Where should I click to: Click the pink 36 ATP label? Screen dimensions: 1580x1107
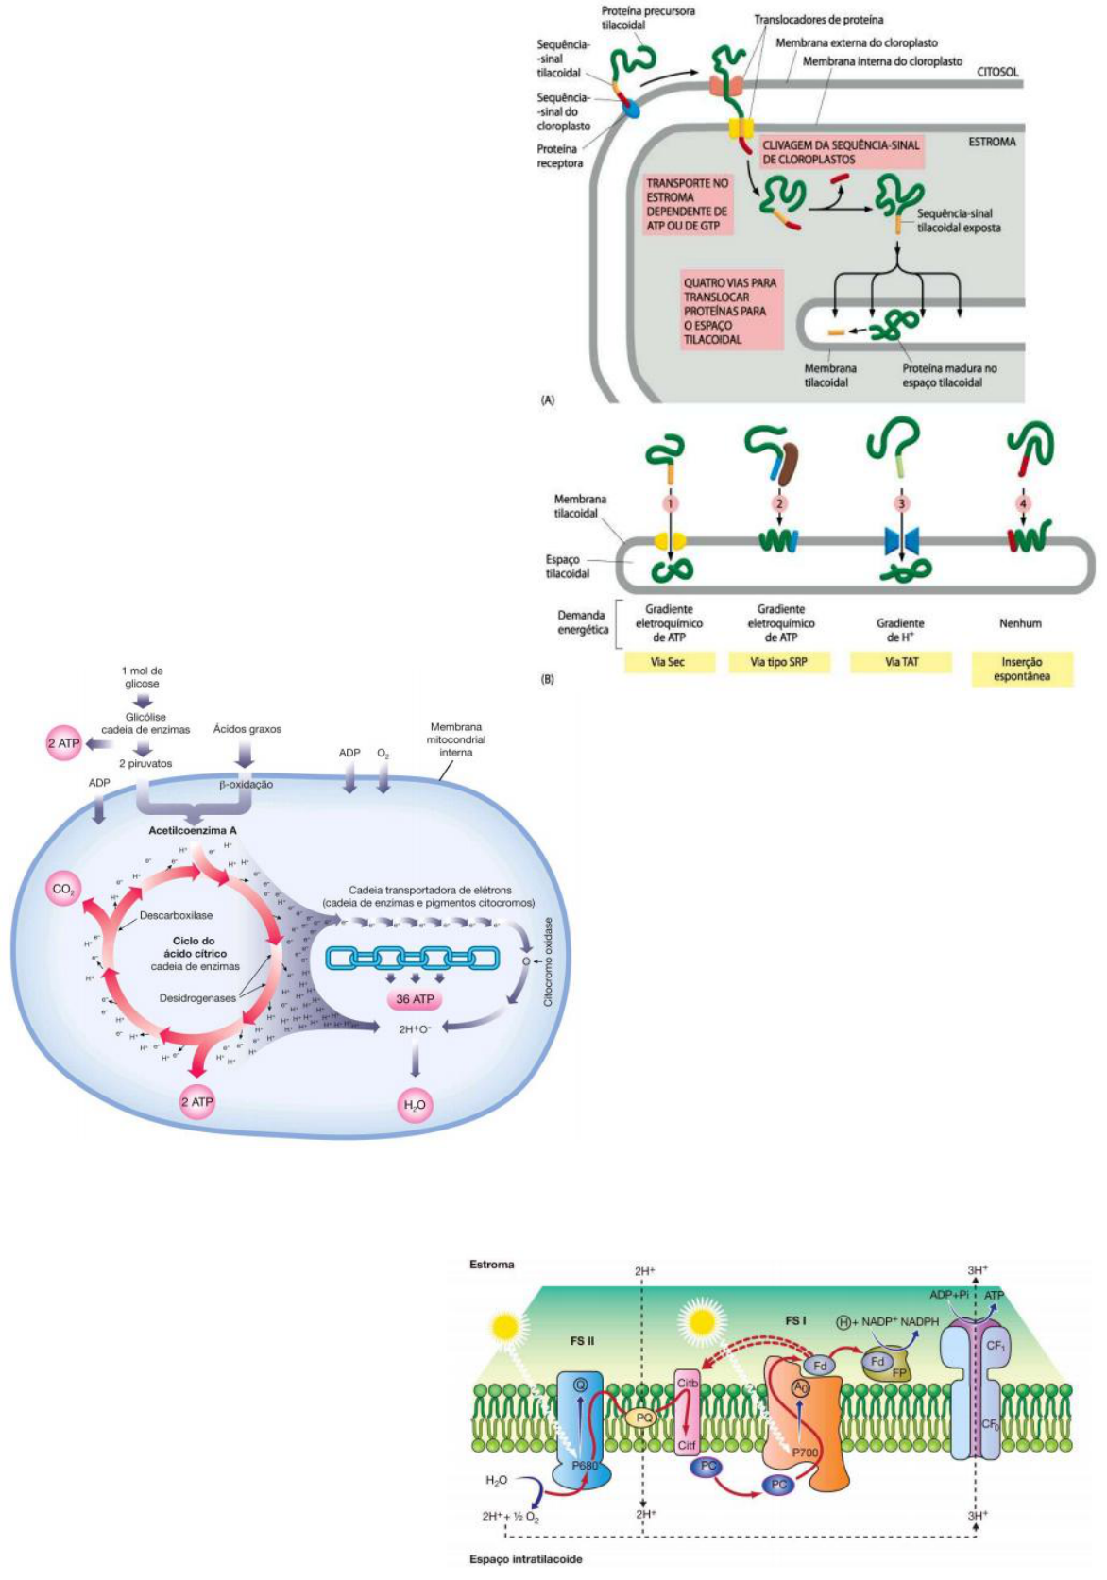415,999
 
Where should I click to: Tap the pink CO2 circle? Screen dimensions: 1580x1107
63,889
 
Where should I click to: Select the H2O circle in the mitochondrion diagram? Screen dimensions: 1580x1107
415,1105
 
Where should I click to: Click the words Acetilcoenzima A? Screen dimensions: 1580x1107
193,830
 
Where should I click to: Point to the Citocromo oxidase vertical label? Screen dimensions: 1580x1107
548,960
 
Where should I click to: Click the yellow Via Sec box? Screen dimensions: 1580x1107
667,662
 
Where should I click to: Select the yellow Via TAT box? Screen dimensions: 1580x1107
901,662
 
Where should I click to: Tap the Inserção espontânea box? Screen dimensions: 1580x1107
1022,669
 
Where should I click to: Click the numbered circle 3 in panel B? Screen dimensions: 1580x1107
901,503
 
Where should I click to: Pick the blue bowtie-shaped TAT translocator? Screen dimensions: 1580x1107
901,541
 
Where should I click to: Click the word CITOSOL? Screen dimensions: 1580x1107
997,72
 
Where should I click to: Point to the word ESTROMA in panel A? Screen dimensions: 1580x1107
992,142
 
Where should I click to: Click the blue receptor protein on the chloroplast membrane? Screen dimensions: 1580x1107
629,110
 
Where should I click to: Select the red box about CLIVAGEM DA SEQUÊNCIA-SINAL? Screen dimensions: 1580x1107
841,152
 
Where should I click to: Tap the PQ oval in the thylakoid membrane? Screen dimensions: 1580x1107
645,1418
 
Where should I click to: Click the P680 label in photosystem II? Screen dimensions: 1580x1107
585,1465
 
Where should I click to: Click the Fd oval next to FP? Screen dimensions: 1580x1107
877,1361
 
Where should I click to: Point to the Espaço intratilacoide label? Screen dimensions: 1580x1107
525,1559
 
